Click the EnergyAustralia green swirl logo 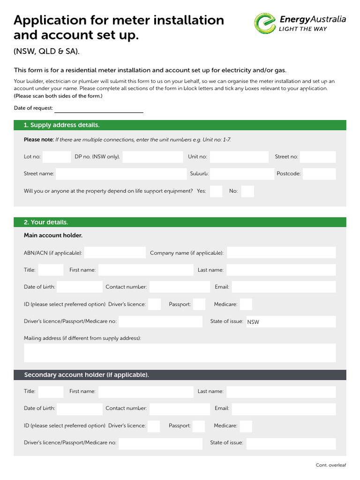[x=265, y=23]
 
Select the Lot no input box [x=56, y=157]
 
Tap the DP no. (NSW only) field [x=152, y=157]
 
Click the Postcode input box [x=319, y=174]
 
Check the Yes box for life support [x=216, y=191]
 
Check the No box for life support [x=247, y=191]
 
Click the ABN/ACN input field [x=115, y=253]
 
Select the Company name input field [x=281, y=253]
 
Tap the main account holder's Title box [x=51, y=270]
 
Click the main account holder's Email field [x=284, y=287]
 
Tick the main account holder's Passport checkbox [x=199, y=304]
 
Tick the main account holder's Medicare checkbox [x=246, y=304]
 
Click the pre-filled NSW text [x=253, y=322]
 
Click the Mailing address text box [x=180, y=352]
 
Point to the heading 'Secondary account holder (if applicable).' [x=87, y=375]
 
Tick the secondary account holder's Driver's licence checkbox [x=154, y=426]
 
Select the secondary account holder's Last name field [x=281, y=391]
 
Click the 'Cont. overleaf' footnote [x=330, y=465]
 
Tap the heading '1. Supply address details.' [x=61, y=125]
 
